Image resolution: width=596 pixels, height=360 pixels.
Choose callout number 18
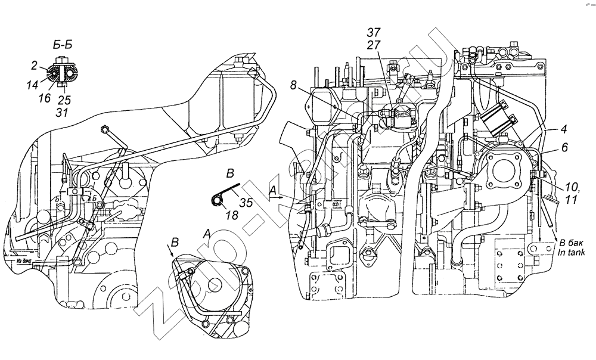click(x=232, y=215)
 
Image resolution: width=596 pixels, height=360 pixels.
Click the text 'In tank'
click(x=572, y=252)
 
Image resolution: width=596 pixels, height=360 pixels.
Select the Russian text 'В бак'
click(x=570, y=243)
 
